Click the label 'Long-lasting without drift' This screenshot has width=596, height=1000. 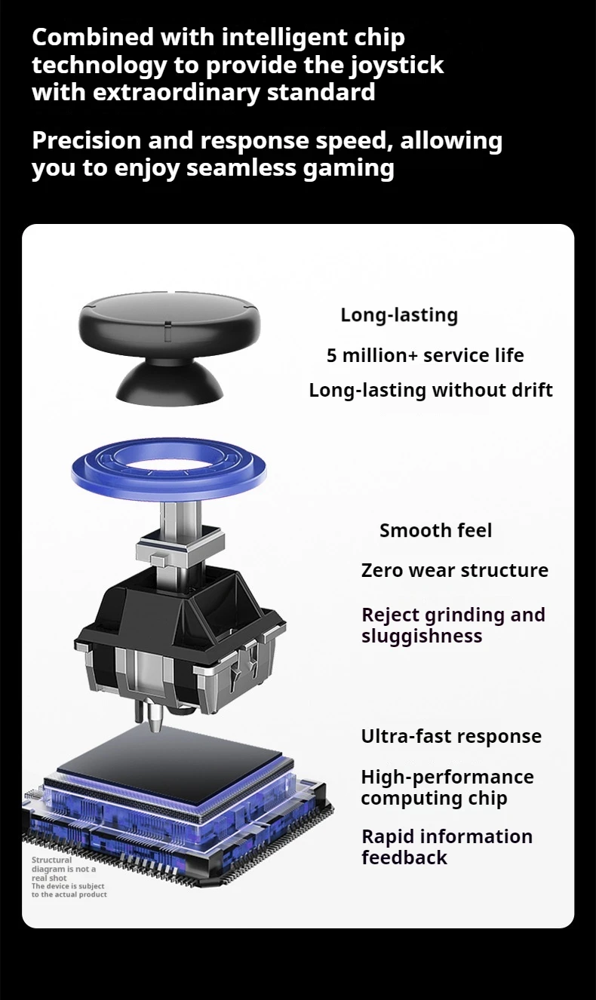(430, 390)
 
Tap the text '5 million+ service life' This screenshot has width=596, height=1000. (425, 355)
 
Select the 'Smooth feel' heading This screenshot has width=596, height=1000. (435, 530)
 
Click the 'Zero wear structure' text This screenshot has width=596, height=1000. (454, 570)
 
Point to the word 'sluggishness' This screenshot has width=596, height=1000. (421, 636)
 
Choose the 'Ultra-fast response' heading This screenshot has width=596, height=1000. (451, 736)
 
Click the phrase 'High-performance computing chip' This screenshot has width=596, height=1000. (447, 787)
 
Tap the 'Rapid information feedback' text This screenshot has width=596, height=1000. (447, 847)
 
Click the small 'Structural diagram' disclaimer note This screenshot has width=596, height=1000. (69, 877)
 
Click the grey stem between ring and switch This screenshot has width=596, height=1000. (181, 520)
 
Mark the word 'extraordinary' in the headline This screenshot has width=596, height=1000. (164, 92)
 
